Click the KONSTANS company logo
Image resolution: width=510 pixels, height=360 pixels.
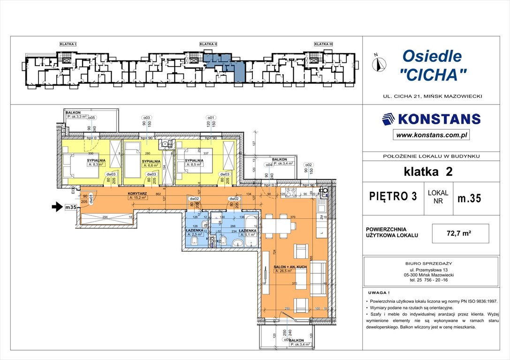(431, 119)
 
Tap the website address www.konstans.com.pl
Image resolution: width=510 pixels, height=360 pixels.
(431, 135)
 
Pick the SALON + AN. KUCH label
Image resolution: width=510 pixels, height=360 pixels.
(290, 267)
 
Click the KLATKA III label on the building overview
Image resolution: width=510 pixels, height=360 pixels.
(324, 44)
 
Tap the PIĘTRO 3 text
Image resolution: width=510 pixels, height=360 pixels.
(393, 196)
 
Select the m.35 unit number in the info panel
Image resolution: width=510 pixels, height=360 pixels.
(469, 198)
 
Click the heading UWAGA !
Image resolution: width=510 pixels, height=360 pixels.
(377, 292)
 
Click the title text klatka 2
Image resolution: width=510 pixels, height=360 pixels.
(428, 172)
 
